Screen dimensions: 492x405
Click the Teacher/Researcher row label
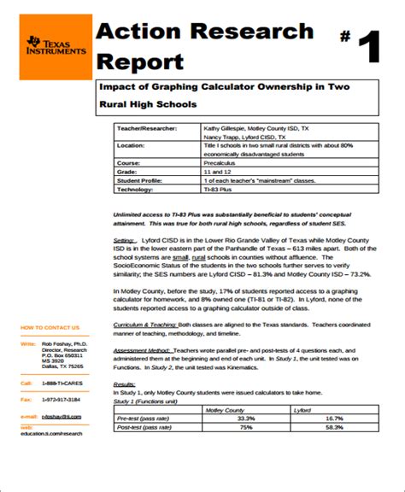point(147,127)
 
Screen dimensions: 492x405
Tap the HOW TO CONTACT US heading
point(50,327)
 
